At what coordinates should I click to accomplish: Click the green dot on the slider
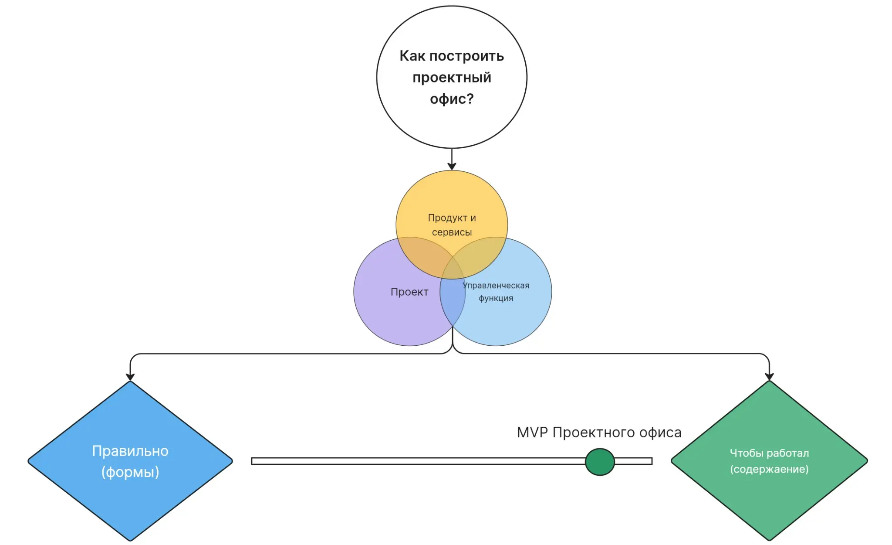tap(600, 461)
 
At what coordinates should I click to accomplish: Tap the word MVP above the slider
tap(532, 433)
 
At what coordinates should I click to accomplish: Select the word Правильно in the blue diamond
tap(130, 451)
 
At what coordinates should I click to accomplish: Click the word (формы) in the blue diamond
tap(130, 472)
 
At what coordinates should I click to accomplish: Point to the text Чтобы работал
tap(769, 453)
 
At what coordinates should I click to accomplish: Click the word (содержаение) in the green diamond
tap(769, 469)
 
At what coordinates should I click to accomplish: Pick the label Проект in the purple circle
tap(409, 292)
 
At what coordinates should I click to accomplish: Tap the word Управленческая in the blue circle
tap(496, 286)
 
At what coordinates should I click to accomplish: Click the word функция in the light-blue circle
tap(496, 298)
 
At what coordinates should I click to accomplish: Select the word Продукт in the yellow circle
tap(447, 218)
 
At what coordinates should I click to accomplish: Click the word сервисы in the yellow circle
tap(452, 232)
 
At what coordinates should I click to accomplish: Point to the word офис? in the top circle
tap(452, 99)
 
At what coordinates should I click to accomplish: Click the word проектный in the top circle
tap(452, 78)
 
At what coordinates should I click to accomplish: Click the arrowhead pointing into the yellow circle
tap(452, 166)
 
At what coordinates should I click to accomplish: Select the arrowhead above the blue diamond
tap(130, 377)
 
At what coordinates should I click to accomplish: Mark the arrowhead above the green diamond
tap(769, 377)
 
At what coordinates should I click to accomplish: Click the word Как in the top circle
tap(412, 56)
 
